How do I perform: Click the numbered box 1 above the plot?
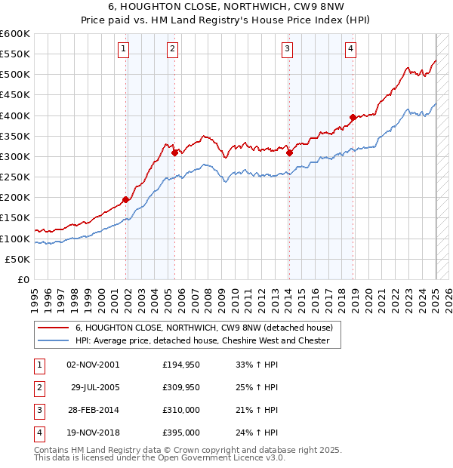(123, 49)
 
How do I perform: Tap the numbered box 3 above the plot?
(287, 49)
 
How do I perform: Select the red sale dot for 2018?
(353, 118)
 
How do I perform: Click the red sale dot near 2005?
(174, 152)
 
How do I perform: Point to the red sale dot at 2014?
(289, 152)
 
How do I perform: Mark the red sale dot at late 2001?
(126, 199)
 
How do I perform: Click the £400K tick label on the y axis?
(15, 115)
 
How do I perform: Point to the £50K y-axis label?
(18, 259)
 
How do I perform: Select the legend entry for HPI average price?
(202, 340)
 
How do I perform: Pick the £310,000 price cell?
(181, 411)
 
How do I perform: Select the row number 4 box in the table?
(38, 435)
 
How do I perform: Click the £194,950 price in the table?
(181, 365)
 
